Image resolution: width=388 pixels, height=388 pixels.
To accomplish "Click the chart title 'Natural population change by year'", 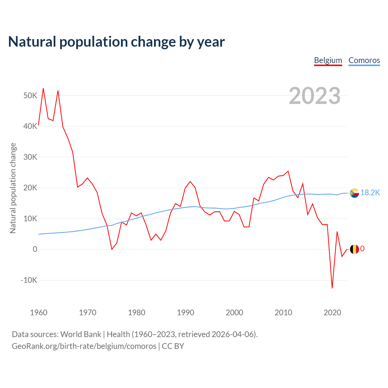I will [x=116, y=42].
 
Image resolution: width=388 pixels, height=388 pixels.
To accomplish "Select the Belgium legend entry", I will [x=328, y=60].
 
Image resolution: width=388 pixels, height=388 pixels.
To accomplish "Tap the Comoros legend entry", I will [x=364, y=60].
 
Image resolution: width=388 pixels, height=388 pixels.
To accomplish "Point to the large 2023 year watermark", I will [x=314, y=96].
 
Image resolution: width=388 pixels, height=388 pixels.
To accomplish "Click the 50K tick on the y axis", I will [x=30, y=96].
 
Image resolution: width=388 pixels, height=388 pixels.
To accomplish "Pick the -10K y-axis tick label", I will [x=29, y=280].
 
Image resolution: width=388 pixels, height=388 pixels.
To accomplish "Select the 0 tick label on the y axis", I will [x=35, y=249].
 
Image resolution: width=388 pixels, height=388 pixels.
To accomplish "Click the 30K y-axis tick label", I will [x=30, y=157].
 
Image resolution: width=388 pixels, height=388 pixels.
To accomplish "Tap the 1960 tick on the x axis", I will [x=39, y=312].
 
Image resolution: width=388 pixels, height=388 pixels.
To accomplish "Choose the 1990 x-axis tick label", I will [x=186, y=312].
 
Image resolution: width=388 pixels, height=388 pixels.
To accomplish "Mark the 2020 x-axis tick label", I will [x=332, y=312].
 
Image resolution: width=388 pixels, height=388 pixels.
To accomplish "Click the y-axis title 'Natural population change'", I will [x=13, y=188].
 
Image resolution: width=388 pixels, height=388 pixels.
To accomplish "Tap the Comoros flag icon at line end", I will [x=354, y=193].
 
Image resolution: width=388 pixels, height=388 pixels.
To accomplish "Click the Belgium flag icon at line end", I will [x=354, y=249].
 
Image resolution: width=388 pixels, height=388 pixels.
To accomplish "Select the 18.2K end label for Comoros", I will [x=370, y=192].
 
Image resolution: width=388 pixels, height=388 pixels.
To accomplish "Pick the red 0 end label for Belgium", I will [x=362, y=249].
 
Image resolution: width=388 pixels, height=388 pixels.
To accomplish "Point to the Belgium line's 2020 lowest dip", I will [x=332, y=288].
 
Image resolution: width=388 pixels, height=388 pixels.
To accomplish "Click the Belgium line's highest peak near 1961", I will [x=43, y=89].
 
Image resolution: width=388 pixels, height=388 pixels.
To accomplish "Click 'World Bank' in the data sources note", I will [x=81, y=334].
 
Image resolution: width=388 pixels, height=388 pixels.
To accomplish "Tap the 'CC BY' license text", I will [x=173, y=346].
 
